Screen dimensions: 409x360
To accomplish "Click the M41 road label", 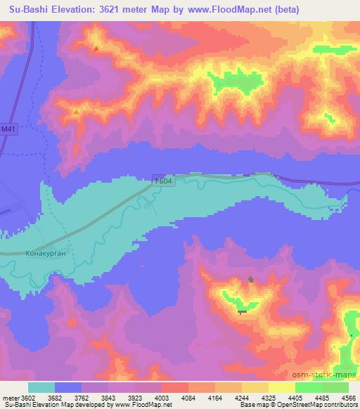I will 8,129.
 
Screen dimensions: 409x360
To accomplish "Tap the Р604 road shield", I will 162,181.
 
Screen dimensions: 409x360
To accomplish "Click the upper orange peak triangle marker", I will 96,48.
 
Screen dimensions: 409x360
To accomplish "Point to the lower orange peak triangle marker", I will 77,111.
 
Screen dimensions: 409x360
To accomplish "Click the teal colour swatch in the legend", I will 41,387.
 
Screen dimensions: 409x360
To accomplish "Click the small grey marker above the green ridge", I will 251,279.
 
